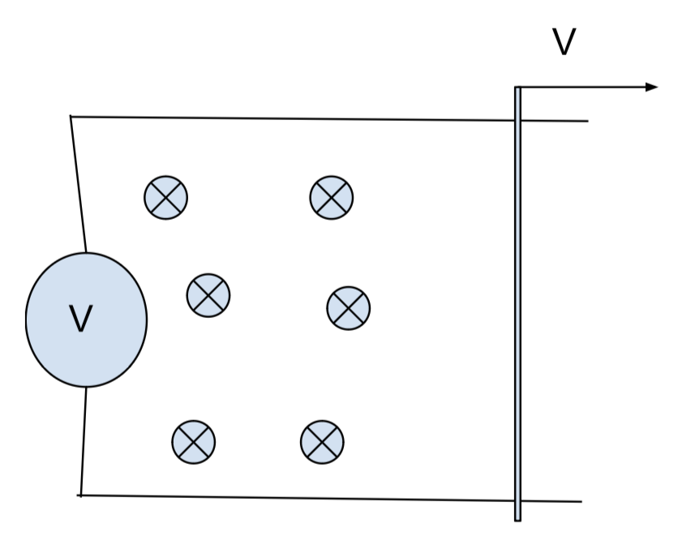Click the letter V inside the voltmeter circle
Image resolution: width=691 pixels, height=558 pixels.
[x=81, y=319]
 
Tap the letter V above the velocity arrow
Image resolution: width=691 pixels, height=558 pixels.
[x=564, y=43]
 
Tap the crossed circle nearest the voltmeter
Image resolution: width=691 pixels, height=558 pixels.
[x=208, y=295]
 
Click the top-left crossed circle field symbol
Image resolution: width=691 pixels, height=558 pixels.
[x=166, y=197]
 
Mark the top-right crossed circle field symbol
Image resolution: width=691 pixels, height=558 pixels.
[x=332, y=197]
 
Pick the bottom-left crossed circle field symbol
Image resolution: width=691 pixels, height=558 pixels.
[x=194, y=442]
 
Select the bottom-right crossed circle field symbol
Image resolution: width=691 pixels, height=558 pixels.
[x=322, y=442]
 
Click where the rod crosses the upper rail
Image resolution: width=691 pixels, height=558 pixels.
[x=517, y=121]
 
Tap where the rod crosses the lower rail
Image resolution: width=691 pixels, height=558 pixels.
[x=517, y=500]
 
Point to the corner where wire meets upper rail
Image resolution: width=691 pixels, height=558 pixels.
[x=71, y=117]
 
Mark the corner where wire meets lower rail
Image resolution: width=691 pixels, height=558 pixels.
[x=81, y=495]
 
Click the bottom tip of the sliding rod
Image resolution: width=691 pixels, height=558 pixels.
[x=517, y=519]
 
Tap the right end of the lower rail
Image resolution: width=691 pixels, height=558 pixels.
[x=580, y=501]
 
